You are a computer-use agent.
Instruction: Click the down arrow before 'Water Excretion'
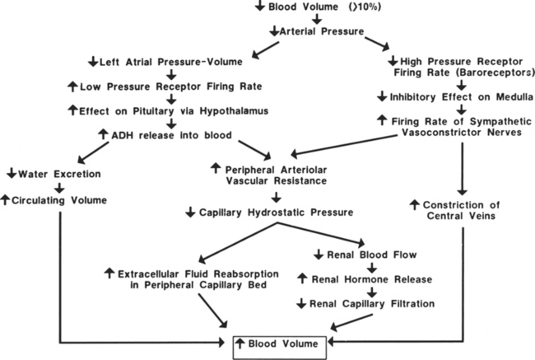click(10, 174)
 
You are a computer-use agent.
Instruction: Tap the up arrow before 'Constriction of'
click(414, 204)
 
